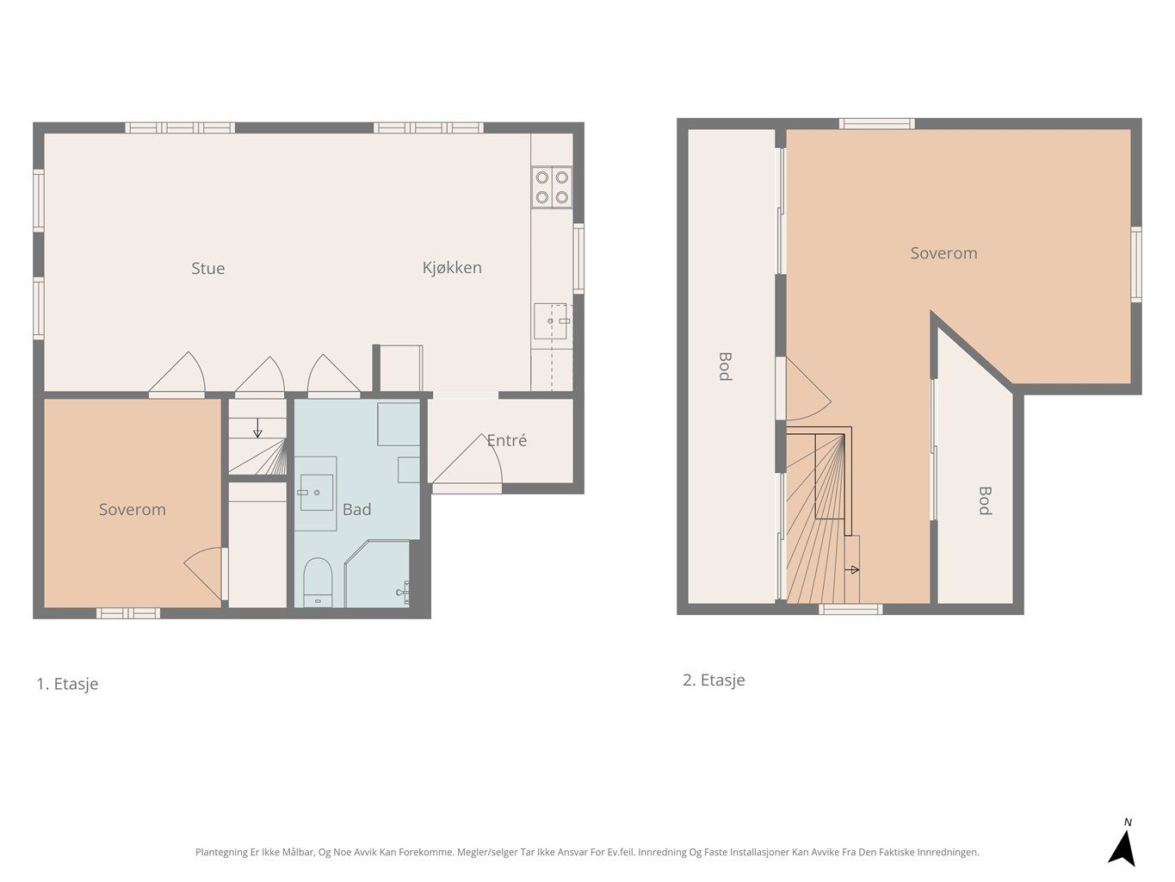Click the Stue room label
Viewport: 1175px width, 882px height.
[207, 269]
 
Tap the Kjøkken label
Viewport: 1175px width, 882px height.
[452, 268]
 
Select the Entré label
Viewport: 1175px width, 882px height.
[506, 440]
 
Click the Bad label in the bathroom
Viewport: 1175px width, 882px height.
[356, 509]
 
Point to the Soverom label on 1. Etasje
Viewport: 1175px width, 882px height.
[132, 509]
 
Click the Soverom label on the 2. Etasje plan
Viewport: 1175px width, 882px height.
[943, 253]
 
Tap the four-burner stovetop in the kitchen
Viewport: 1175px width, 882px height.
[552, 187]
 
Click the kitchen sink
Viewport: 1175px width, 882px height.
[550, 321]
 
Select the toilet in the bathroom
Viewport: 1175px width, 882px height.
[318, 581]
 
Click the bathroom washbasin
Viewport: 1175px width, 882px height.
[317, 492]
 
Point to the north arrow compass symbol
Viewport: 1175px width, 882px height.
[1122, 844]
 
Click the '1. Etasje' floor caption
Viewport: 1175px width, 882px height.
[67, 684]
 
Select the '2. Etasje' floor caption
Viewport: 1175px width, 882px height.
[714, 680]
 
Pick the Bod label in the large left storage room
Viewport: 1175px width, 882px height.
[725, 365]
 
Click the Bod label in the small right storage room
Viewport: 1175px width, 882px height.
[985, 500]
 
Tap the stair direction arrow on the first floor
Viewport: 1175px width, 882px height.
[257, 429]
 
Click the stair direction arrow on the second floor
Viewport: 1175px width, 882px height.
[852, 569]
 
